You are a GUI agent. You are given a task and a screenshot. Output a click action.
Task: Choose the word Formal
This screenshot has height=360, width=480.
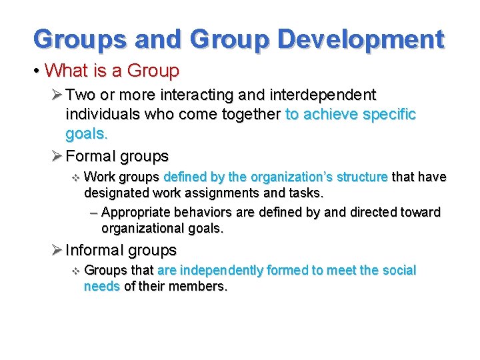pos(90,157)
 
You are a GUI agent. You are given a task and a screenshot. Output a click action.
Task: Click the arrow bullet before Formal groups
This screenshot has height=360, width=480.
pos(56,157)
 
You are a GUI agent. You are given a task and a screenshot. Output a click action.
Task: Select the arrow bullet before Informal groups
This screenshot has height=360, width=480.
pos(56,251)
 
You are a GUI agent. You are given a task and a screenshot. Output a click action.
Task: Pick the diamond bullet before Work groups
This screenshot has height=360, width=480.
pos(75,177)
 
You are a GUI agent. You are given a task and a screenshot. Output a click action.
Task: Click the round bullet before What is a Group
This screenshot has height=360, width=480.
pos(39,71)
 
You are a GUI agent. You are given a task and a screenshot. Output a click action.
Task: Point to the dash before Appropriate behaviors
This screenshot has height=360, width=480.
pos(93,213)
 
